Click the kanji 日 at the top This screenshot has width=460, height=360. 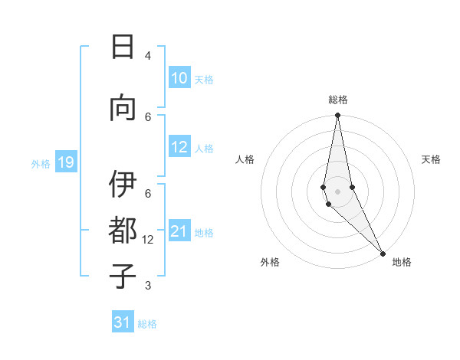pos(123,47)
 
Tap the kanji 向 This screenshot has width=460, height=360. pos(123,108)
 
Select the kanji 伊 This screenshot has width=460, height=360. pos(123,186)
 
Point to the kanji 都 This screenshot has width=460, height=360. pos(123,231)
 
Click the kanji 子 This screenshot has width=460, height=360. pos(123,276)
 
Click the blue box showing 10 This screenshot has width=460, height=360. pos(179,78)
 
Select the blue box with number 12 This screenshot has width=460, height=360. pos(179,148)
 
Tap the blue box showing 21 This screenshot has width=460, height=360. pos(179,232)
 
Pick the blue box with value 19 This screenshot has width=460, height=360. pos(65,162)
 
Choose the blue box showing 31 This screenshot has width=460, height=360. pos(123,322)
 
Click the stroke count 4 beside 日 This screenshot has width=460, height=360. pos(148,56)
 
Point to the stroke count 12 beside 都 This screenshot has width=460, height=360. pos(148,240)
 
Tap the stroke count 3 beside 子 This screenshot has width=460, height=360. pos(148,286)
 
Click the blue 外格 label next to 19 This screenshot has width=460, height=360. pos(40,163)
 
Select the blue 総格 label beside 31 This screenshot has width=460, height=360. pos(147,324)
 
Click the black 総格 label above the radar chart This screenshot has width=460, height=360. pos(337,100)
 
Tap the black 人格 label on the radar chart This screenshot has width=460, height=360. pos(245,159)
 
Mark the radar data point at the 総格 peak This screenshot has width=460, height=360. pos(337,116)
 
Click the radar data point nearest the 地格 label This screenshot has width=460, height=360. pos(383,253)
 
